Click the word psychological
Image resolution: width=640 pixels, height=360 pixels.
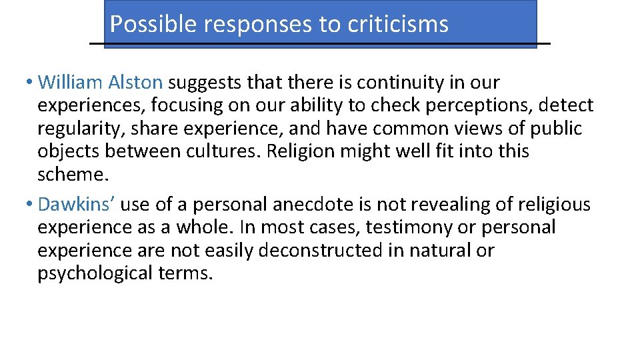click(93, 274)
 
